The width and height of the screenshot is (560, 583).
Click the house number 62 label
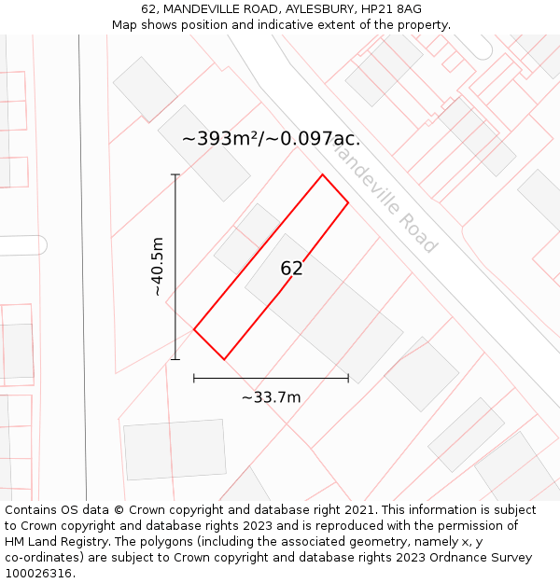point(291,269)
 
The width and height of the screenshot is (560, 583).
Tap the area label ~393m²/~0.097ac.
point(271,139)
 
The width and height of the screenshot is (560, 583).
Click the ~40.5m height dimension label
point(158,267)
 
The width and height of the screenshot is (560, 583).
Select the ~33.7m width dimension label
point(271,397)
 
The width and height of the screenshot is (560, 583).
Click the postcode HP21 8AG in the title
point(388,9)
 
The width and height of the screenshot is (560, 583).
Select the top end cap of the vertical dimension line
point(175,174)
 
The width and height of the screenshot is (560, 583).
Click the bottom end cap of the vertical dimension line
point(175,359)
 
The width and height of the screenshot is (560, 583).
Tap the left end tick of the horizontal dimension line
point(194,378)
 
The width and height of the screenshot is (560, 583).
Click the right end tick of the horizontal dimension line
point(348,378)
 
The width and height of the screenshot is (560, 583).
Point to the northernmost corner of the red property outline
point(323,174)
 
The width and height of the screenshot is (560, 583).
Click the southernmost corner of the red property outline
point(224,359)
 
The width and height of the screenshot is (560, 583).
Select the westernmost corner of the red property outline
point(194,329)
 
